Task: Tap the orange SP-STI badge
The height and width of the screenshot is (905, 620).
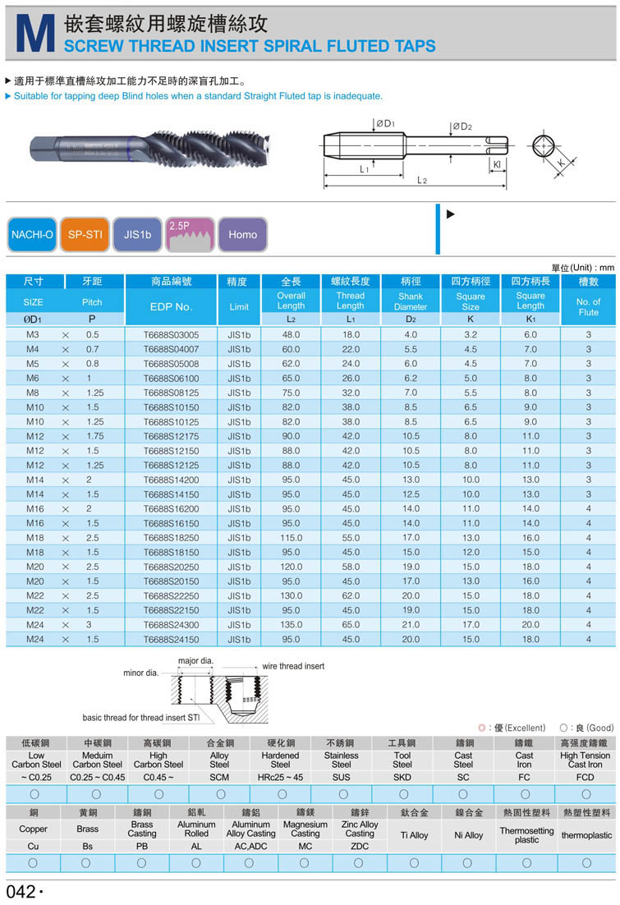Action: [86, 234]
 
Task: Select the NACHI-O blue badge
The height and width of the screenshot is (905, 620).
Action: [33, 234]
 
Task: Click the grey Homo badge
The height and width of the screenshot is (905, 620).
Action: [242, 234]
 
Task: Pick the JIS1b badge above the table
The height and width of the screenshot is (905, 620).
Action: [138, 234]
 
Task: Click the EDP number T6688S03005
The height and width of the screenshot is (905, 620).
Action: [172, 335]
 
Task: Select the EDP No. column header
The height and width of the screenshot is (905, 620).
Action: [172, 306]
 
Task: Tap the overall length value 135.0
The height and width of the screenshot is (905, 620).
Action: [292, 625]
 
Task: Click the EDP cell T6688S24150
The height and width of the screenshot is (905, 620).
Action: [172, 639]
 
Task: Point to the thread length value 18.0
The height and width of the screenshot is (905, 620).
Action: [351, 335]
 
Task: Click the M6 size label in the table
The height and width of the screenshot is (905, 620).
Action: [33, 379]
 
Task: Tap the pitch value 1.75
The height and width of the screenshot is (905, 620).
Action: [94, 436]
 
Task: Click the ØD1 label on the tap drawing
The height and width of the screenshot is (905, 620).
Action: [385, 124]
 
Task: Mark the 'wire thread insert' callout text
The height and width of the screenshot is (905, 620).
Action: [292, 666]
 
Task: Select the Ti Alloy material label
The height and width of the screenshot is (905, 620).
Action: [414, 835]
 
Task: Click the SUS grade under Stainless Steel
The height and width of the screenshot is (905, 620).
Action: [342, 776]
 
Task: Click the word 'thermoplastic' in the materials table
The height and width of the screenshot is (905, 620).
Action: [586, 835]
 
